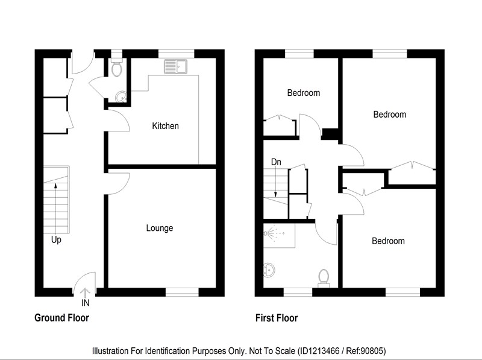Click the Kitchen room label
[165, 126]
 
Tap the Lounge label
[160, 228]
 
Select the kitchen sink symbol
[175, 66]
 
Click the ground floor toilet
[117, 68]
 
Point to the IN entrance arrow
[85, 292]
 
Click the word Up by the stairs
[56, 239]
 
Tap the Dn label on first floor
[276, 162]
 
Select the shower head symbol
[269, 233]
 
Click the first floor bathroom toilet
[324, 278]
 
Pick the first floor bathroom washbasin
[269, 270]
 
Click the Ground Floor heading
[62, 318]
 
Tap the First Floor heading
[277, 318]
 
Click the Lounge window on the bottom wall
[183, 292]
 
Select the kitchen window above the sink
[177, 54]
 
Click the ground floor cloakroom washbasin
[121, 97]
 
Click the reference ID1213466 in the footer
[319, 351]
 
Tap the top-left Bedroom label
[304, 93]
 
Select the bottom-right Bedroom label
[388, 241]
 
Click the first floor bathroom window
[298, 292]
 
